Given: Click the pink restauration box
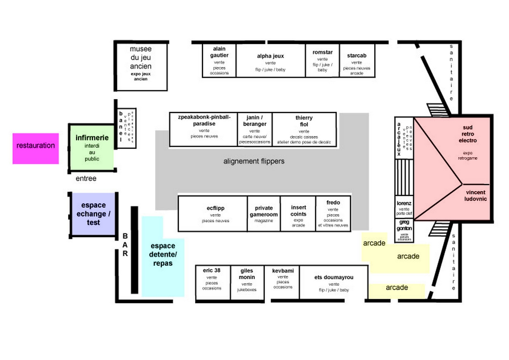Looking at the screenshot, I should [36, 148].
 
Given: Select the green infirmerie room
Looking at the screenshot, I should [92, 148].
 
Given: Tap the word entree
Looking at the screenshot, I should [86, 179].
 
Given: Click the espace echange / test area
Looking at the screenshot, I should [93, 214].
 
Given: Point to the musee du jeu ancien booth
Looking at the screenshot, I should [141, 66].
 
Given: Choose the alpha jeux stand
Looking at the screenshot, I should [270, 61].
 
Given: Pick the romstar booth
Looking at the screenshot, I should [322, 61].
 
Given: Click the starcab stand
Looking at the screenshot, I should [357, 61].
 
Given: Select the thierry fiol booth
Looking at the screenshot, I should [304, 129].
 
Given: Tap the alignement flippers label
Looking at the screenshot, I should [254, 161].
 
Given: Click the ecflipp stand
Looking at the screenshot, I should [215, 213].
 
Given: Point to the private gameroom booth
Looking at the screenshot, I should [264, 213].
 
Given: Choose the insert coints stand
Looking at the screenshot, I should [298, 213].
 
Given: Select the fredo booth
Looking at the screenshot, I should [333, 213].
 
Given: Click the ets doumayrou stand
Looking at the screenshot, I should [334, 282].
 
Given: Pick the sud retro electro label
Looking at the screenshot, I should [467, 134].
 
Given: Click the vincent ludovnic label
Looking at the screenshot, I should [476, 196].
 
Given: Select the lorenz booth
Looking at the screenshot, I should [404, 207].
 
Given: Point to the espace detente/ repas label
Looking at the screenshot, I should [163, 255].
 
